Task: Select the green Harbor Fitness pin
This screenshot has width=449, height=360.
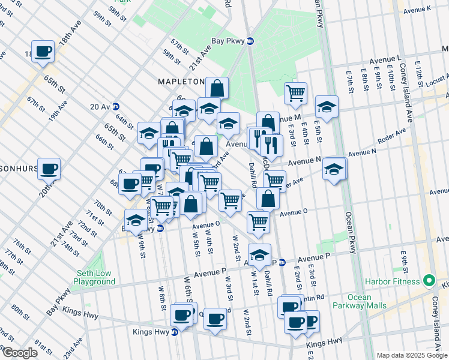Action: point(429,281)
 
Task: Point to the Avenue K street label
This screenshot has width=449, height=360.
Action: point(418,10)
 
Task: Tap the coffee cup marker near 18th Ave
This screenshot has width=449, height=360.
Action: point(43,52)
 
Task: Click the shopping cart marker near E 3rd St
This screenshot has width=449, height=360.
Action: point(295,93)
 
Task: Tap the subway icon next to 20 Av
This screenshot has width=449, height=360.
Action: point(115,106)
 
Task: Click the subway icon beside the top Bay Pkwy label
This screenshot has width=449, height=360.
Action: point(250,41)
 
